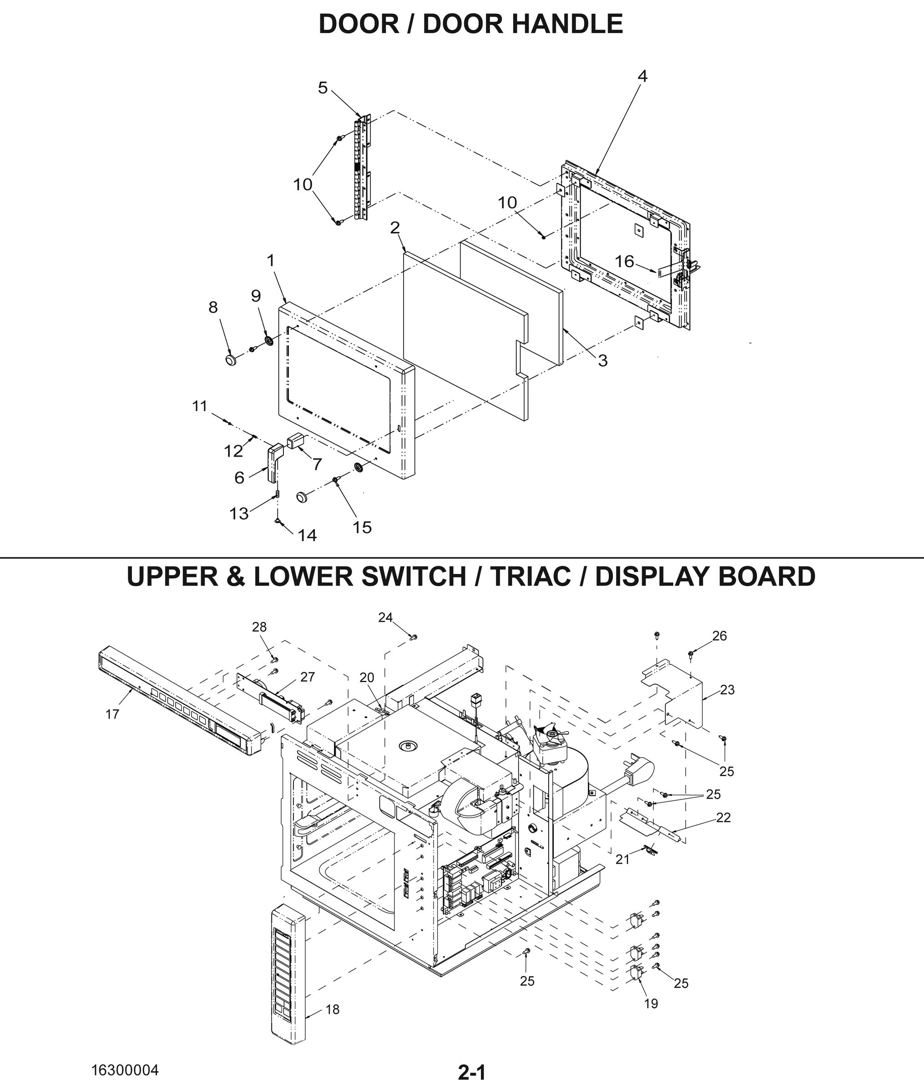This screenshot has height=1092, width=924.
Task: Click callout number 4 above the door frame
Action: click(642, 76)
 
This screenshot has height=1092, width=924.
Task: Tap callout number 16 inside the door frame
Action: click(624, 261)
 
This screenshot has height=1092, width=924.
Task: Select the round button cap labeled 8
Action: click(231, 360)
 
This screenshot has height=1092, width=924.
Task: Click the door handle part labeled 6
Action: click(274, 462)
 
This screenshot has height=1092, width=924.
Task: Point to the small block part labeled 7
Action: click(295, 440)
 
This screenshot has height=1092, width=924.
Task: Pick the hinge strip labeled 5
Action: click(361, 167)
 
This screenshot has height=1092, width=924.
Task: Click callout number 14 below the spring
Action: click(307, 535)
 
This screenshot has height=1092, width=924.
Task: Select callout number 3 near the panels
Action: click(602, 360)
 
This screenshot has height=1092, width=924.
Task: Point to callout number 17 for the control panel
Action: click(112, 714)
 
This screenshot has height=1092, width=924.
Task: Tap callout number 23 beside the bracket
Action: click(727, 690)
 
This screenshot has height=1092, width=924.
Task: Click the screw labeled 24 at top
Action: click(413, 637)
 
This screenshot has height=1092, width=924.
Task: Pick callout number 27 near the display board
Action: click(308, 677)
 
